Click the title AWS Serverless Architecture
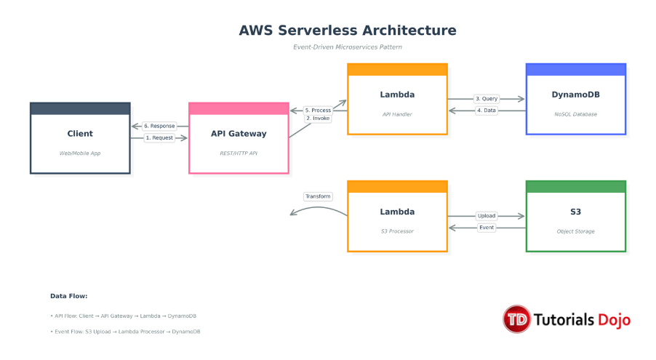[x=348, y=31]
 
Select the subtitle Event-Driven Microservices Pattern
[x=348, y=47]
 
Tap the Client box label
[x=80, y=134]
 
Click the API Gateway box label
[x=239, y=134]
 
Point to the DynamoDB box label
[x=575, y=95]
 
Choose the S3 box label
[x=575, y=212]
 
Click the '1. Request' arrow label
[x=159, y=137]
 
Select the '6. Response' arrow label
[x=159, y=126]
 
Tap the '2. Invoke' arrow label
[x=318, y=118]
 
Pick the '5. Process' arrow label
[x=318, y=110]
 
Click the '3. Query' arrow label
[x=486, y=98]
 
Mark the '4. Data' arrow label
[x=486, y=111]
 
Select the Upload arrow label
[x=486, y=216]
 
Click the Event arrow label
[x=486, y=228]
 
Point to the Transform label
[x=318, y=196]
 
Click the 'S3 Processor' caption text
[x=397, y=231]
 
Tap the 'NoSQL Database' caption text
[x=575, y=114]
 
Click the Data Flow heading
[x=69, y=296]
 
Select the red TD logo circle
[x=517, y=319]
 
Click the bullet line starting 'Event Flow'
[x=125, y=332]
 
